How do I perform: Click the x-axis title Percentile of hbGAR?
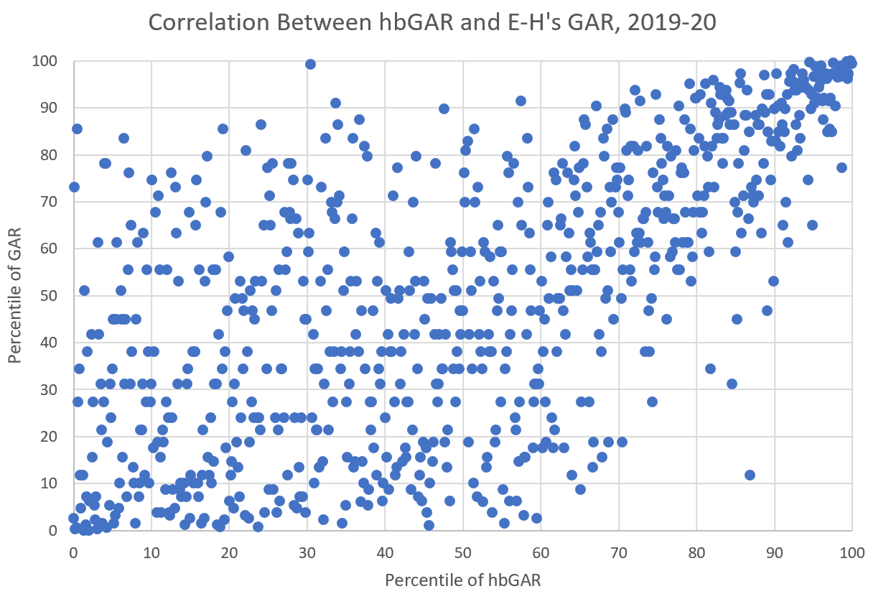(x=462, y=579)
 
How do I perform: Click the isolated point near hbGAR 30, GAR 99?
(x=310, y=64)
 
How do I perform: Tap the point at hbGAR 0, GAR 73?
(x=74, y=187)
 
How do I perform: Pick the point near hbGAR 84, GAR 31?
(x=732, y=384)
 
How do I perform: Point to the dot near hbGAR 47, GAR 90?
(x=444, y=108)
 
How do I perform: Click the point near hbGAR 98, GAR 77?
(x=841, y=167)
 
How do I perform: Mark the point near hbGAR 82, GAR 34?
(x=710, y=368)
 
